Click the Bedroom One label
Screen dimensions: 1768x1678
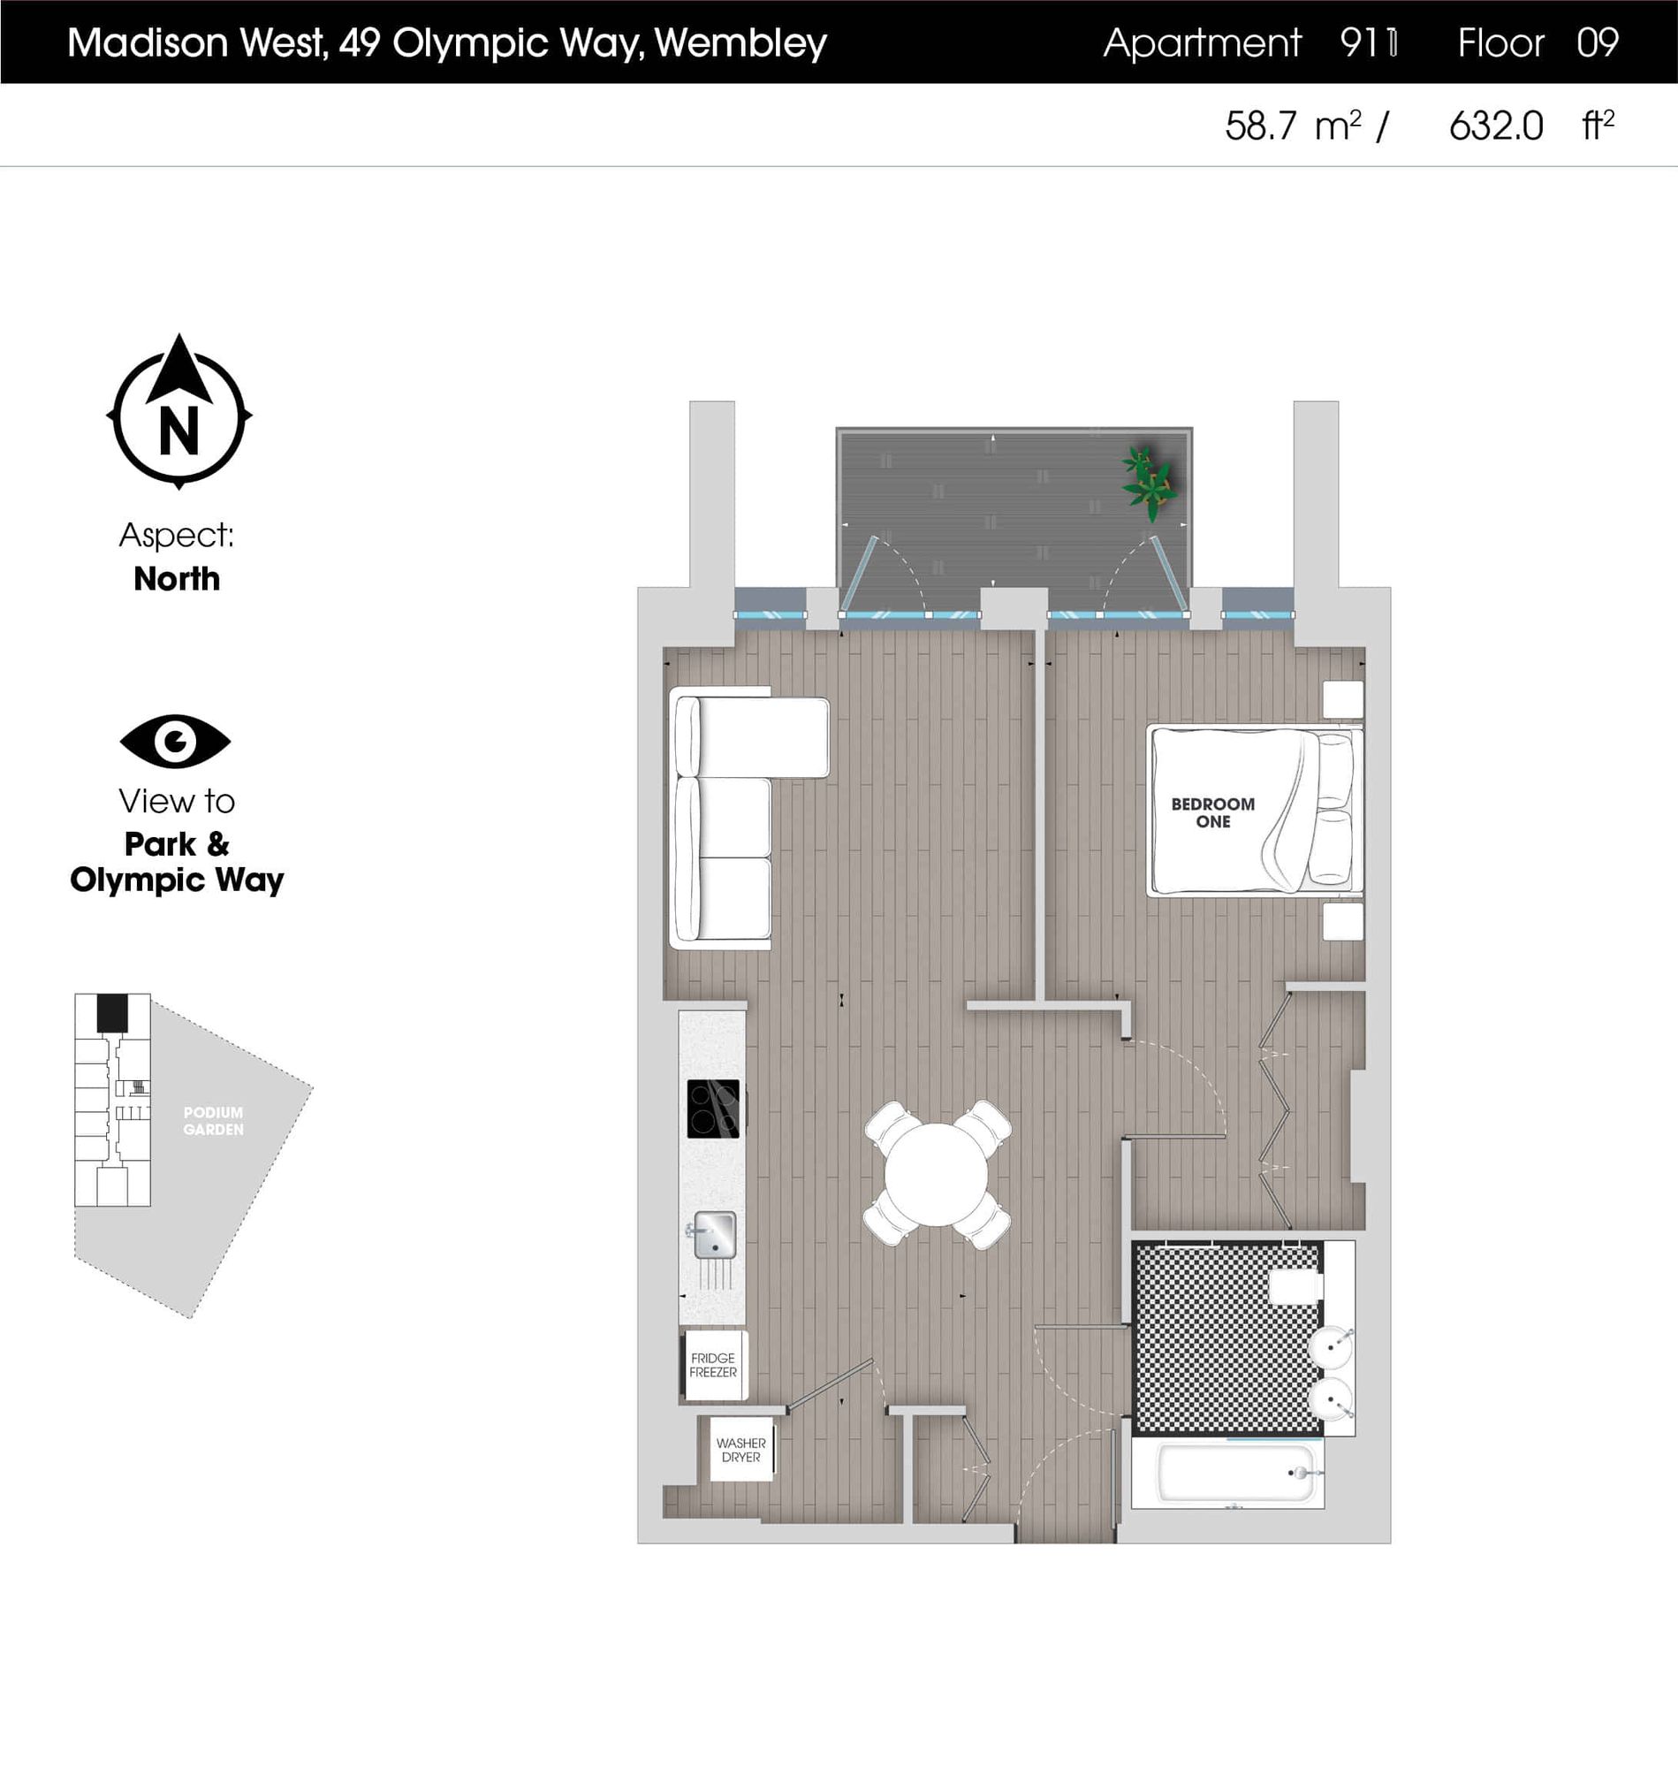[x=1212, y=812]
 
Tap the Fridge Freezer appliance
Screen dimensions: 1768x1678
[x=713, y=1366]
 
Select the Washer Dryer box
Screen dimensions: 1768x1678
[x=740, y=1450]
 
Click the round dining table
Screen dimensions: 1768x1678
[x=937, y=1174]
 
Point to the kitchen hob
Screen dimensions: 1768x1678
[x=713, y=1109]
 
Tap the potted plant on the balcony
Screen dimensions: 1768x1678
[x=1149, y=484]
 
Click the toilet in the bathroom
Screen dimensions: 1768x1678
[x=1295, y=1286]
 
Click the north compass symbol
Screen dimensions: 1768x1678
[x=178, y=414]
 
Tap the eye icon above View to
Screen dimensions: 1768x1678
[x=175, y=741]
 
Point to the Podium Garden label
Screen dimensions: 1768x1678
[x=213, y=1121]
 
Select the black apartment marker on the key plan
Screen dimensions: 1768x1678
[x=112, y=1014]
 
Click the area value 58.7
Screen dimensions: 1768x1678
[x=1259, y=126]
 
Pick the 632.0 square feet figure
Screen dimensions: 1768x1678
[x=1495, y=126]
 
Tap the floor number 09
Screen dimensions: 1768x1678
[x=1598, y=43]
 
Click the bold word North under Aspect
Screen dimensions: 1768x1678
[x=176, y=579]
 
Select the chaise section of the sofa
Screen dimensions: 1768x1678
[x=760, y=737]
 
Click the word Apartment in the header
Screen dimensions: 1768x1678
[x=1201, y=43]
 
